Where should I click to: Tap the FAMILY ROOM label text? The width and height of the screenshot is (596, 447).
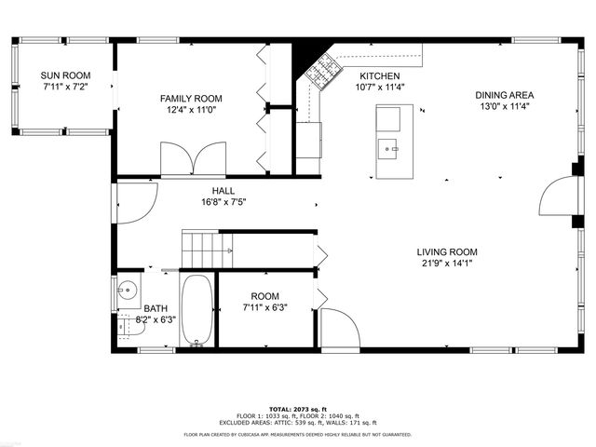[x=191, y=98]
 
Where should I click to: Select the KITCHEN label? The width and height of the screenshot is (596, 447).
[x=380, y=76]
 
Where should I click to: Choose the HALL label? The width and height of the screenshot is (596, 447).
[x=223, y=190]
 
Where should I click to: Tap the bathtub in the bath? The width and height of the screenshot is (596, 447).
[x=196, y=309]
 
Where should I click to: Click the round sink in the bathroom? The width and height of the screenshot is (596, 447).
[x=127, y=291]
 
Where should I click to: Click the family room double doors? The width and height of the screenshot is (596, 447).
[x=193, y=158]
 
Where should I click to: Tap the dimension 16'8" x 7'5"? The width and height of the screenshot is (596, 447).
[x=223, y=202]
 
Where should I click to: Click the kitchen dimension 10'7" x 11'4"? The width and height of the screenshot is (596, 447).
[x=380, y=88]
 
